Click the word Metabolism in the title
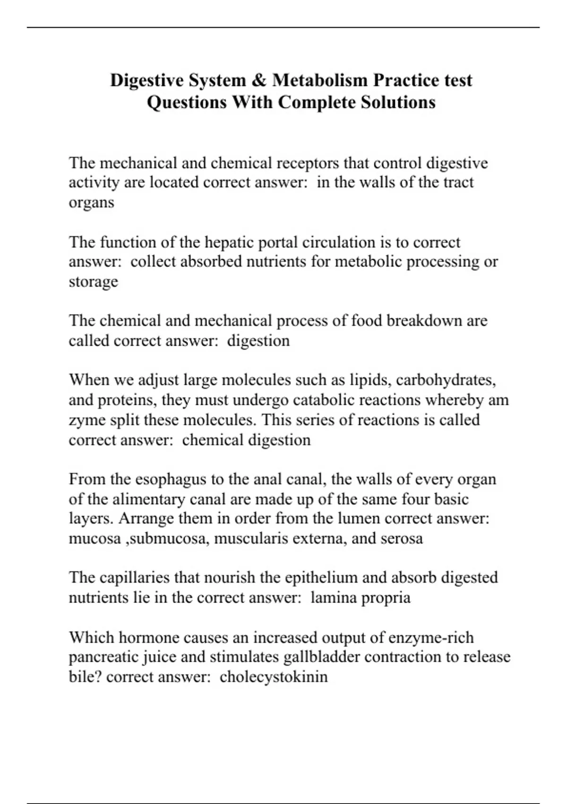319,80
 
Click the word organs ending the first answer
92,203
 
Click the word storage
94,281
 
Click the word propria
386,597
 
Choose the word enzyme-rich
431,638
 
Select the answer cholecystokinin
274,677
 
